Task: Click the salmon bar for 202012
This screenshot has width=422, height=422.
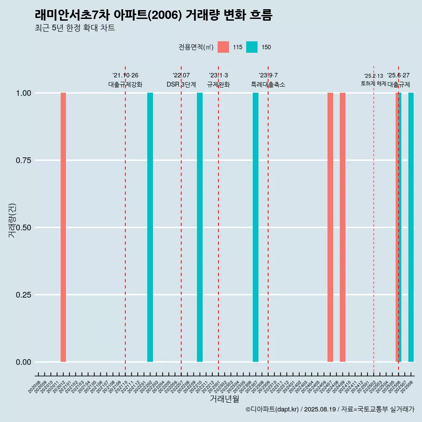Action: pyautogui.click(x=63, y=227)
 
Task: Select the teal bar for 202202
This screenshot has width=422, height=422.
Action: pyautogui.click(x=150, y=227)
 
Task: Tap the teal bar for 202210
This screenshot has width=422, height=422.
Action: pyautogui.click(x=200, y=227)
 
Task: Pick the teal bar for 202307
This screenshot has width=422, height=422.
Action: pyautogui.click(x=255, y=227)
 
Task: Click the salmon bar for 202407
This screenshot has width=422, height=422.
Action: pyautogui.click(x=330, y=227)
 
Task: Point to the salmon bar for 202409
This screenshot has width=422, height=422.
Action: pyautogui.click(x=342, y=227)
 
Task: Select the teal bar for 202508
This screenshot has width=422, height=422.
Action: pyautogui.click(x=411, y=227)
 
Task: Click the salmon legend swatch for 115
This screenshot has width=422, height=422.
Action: pyautogui.click(x=223, y=47)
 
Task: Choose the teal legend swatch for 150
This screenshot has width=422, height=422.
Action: pyautogui.click(x=252, y=47)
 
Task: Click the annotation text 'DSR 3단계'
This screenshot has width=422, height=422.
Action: pyautogui.click(x=181, y=84)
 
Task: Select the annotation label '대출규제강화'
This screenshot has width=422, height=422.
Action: pyautogui.click(x=125, y=84)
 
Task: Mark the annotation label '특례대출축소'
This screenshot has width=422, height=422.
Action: pyautogui.click(x=268, y=84)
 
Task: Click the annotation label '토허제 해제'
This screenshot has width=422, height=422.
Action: pyautogui.click(x=373, y=83)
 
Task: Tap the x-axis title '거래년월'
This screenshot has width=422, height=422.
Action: pyautogui.click(x=224, y=399)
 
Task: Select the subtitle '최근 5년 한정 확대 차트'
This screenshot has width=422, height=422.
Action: pyautogui.click(x=75, y=29)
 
